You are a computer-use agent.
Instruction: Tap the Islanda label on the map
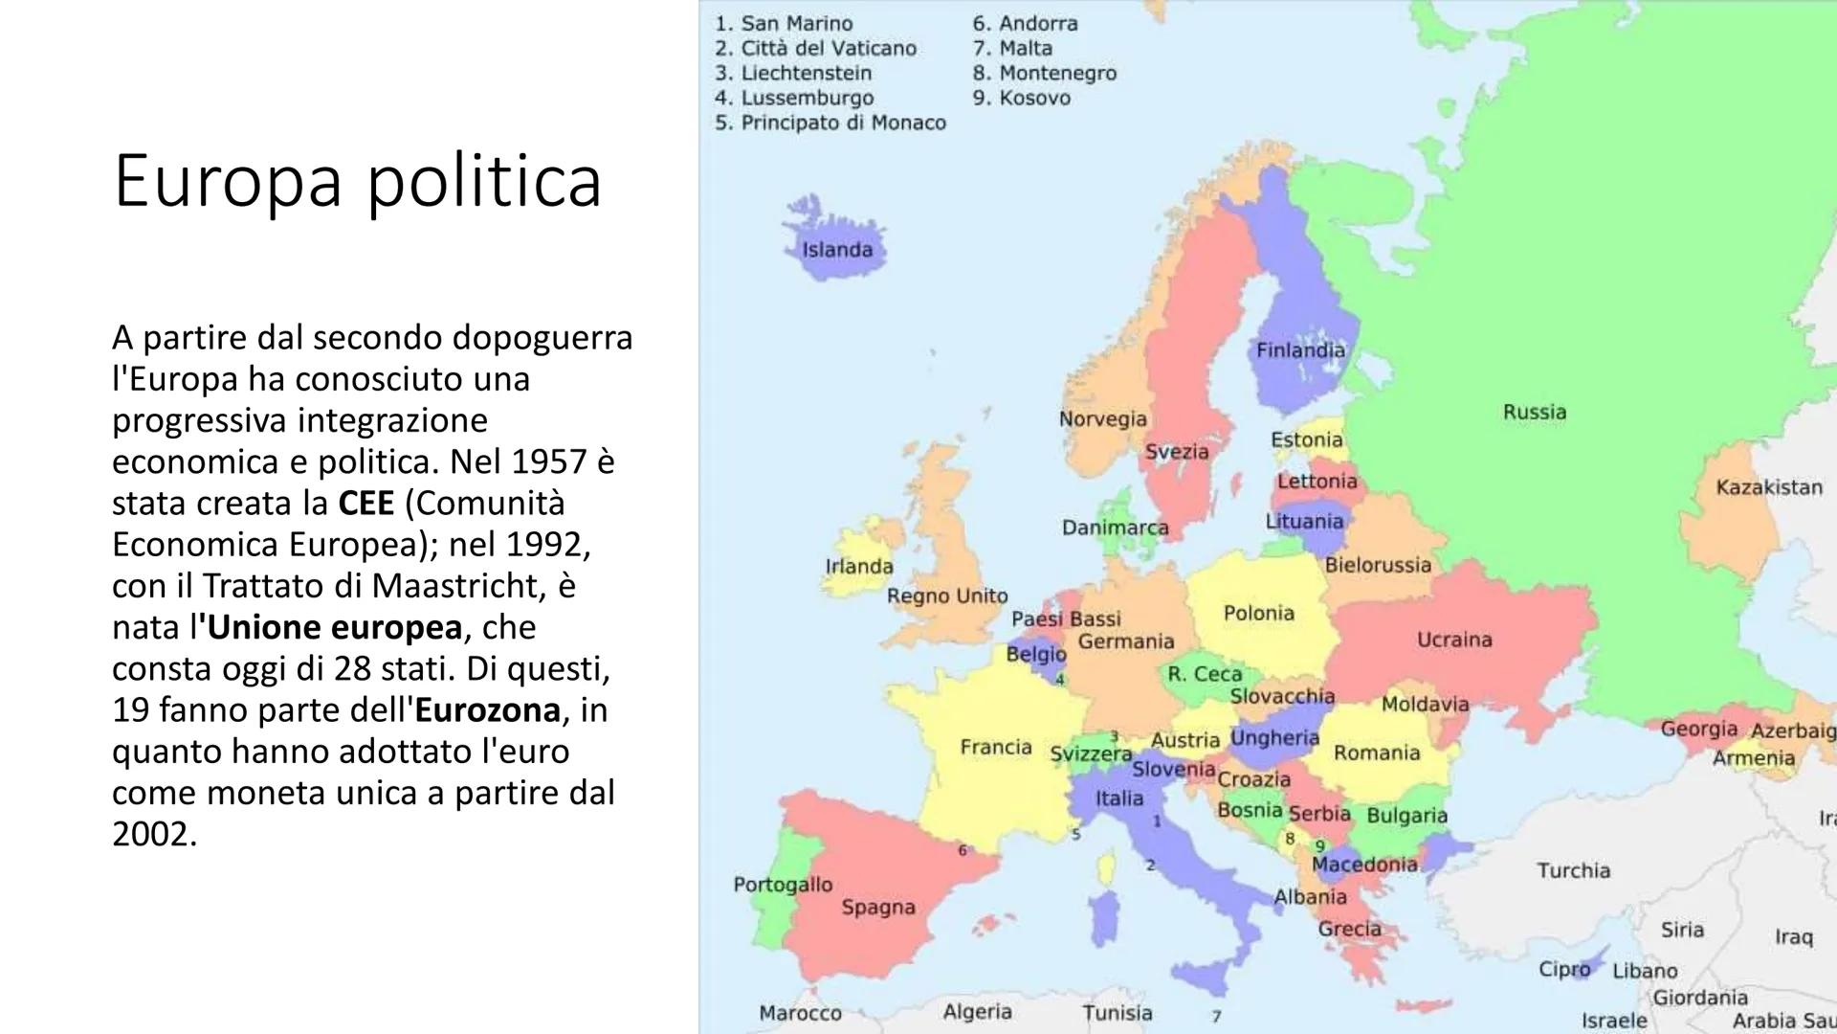[x=837, y=250]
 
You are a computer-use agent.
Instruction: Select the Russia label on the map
[x=1535, y=412]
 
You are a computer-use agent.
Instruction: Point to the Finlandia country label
[x=1300, y=350]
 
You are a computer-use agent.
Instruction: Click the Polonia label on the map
[x=1258, y=613]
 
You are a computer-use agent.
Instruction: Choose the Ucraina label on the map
[x=1454, y=639]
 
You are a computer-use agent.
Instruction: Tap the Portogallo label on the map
[x=783, y=884]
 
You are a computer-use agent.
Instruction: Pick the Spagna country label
[x=878, y=907]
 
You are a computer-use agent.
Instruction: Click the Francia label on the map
[x=996, y=747]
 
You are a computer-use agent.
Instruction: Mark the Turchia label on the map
[x=1574, y=870]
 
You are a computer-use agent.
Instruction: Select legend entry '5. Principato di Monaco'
[x=830, y=123]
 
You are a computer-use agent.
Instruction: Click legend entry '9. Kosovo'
[x=1021, y=98]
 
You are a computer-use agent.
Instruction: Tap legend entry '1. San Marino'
[x=784, y=23]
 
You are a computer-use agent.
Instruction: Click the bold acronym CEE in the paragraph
[x=365, y=503]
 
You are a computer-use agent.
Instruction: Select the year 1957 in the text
[x=548, y=461]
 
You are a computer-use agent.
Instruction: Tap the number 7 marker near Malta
[x=1216, y=1016]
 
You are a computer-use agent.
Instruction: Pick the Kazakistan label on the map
[x=1769, y=487]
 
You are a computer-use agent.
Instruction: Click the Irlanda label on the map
[x=859, y=566]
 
